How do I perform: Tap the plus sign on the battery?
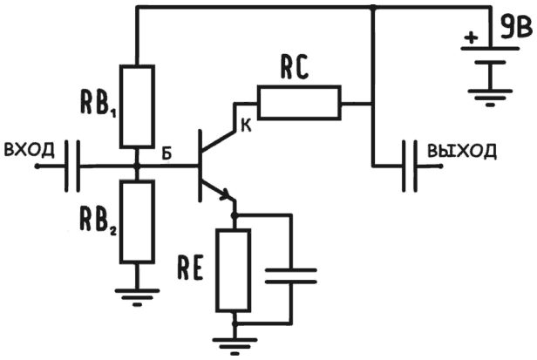pos(471,38)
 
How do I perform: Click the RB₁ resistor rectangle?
pos(137,105)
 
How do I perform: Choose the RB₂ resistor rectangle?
pos(137,221)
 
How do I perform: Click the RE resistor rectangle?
pos(234,270)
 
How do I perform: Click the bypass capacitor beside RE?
pos(289,276)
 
